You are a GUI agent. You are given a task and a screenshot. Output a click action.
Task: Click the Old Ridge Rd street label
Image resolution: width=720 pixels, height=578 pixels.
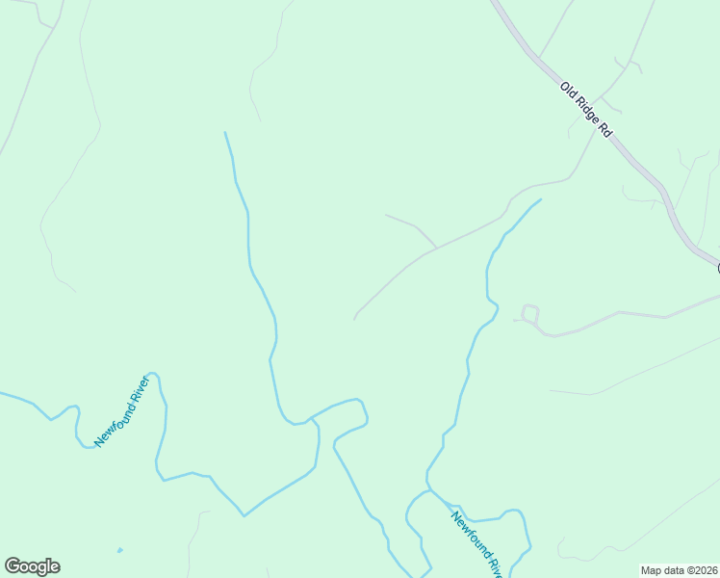tap(586, 110)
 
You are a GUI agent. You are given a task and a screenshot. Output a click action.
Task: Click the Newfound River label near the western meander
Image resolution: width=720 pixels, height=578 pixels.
tap(124, 410)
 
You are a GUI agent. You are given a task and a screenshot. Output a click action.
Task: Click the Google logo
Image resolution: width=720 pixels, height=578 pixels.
tap(32, 566)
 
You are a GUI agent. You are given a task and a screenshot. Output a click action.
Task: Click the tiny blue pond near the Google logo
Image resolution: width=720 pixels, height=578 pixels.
tap(119, 551)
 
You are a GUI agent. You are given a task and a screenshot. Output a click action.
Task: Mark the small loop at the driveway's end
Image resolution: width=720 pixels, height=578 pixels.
tap(529, 312)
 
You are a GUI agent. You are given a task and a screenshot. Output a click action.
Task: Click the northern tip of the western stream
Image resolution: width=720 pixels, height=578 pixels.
tap(225, 133)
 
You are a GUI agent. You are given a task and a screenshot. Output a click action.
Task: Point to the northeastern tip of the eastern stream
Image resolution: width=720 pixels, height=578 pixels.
tap(540, 200)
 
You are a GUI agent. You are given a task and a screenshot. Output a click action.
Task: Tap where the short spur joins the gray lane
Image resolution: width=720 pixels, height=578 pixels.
tap(437, 249)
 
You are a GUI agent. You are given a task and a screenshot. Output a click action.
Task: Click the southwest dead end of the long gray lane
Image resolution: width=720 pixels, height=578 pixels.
tap(355, 320)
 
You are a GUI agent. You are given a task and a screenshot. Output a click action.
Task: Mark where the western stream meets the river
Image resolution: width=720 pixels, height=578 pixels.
tap(308, 420)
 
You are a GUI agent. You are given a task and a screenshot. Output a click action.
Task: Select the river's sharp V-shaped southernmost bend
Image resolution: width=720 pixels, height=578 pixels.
tap(244, 515)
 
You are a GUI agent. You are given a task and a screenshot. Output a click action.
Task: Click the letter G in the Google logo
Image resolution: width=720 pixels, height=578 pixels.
tap(13, 566)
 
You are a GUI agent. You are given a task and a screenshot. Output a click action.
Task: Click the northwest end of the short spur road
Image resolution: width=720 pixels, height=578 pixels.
tap(386, 215)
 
